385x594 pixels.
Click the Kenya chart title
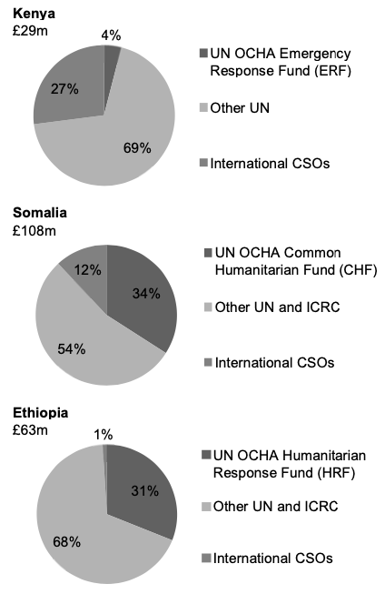coord(34,14)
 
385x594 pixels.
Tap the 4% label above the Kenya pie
coord(112,35)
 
